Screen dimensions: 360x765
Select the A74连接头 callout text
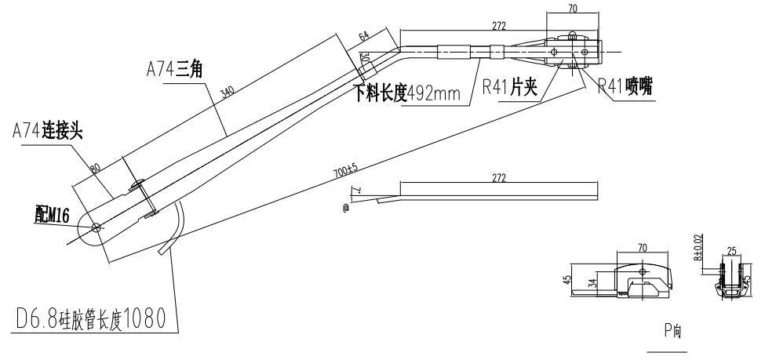(48, 133)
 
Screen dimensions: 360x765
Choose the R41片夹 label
(510, 87)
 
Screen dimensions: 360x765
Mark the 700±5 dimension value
(345, 170)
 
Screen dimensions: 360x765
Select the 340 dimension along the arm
(228, 94)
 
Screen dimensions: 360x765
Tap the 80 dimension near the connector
(97, 167)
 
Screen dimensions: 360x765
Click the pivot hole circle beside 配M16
(96, 227)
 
